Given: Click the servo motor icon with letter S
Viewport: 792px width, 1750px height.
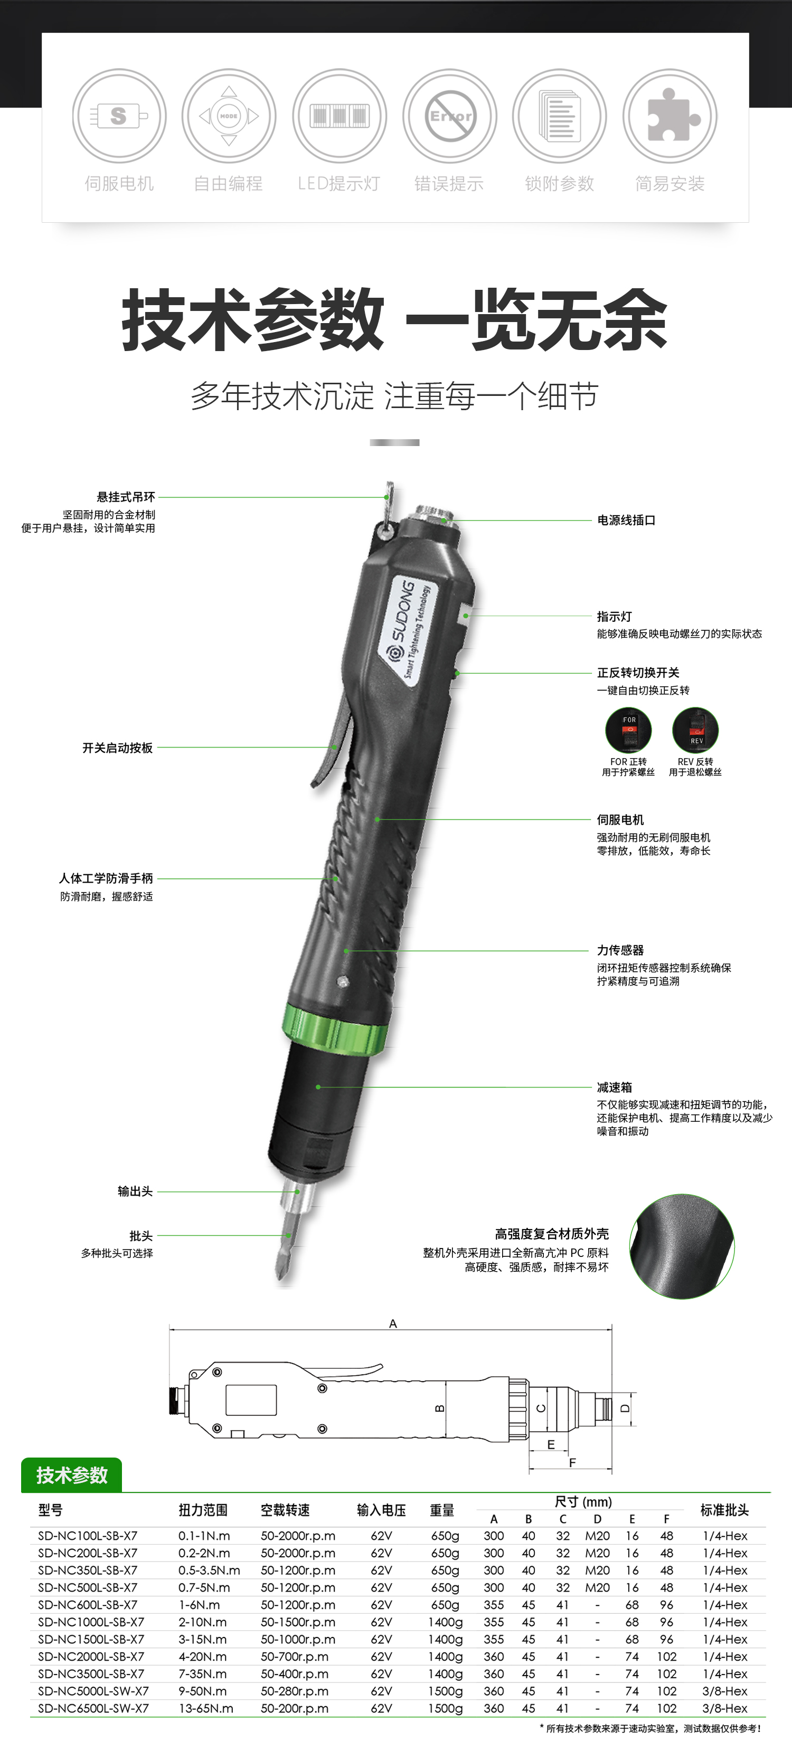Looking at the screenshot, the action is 119,116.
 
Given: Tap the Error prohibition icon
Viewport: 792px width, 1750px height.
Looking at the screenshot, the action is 450,116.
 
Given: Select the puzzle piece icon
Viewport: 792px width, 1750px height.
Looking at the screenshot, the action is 670,116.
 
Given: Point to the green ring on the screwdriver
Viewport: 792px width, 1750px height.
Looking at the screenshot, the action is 335,1030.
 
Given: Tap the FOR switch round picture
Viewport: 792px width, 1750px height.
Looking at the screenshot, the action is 628,730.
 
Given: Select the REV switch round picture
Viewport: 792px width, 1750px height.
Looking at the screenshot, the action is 695,730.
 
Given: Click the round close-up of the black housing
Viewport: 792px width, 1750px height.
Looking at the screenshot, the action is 682,1246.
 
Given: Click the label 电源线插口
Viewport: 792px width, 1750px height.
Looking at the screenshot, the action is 626,521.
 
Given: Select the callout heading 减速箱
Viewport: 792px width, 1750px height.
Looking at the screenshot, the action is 614,1087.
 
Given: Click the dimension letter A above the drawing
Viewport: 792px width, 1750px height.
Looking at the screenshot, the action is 393,1323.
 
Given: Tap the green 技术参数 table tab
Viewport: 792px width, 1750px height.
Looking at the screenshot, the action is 72,1475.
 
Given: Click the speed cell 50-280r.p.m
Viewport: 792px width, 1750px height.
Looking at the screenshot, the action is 295,1691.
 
